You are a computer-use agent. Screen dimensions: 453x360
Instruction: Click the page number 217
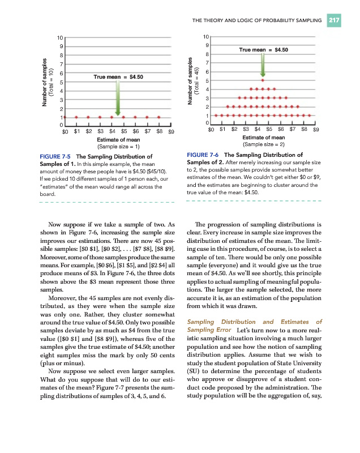tap(334, 21)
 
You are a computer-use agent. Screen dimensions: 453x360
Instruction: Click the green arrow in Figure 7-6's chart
tap(262, 65)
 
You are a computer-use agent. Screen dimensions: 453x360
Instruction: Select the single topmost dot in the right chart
tap(262, 80)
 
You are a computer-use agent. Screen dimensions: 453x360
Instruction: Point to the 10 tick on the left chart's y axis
tap(59, 37)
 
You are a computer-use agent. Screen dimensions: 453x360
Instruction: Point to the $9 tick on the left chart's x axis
tap(171, 131)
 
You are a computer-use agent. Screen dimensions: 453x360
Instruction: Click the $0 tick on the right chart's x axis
tap(211, 130)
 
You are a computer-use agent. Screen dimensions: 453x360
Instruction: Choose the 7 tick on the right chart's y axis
tap(208, 62)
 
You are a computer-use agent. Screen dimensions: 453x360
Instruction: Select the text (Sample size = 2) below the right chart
tap(263, 144)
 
